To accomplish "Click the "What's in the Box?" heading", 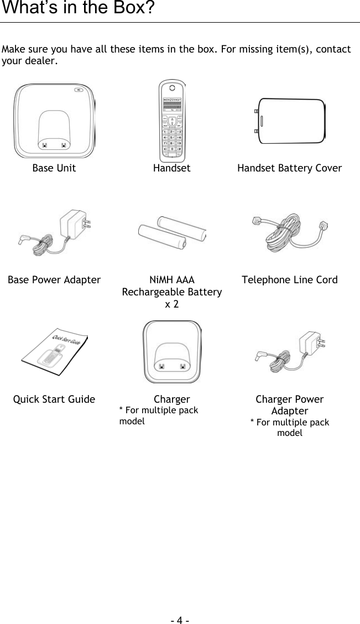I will point(77,9).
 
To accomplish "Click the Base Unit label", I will point(54,168).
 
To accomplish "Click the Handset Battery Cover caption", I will point(289,168).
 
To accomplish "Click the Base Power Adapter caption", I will point(54,280).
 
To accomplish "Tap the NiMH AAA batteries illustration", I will point(172,234).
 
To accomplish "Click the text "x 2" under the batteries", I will point(172,304).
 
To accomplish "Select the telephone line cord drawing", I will point(290,235).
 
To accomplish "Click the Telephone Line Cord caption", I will point(289,280).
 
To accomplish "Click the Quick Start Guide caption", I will point(54,399).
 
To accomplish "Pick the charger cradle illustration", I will point(172,352).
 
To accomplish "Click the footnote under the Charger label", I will point(159,415).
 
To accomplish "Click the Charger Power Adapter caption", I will point(289,405).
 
